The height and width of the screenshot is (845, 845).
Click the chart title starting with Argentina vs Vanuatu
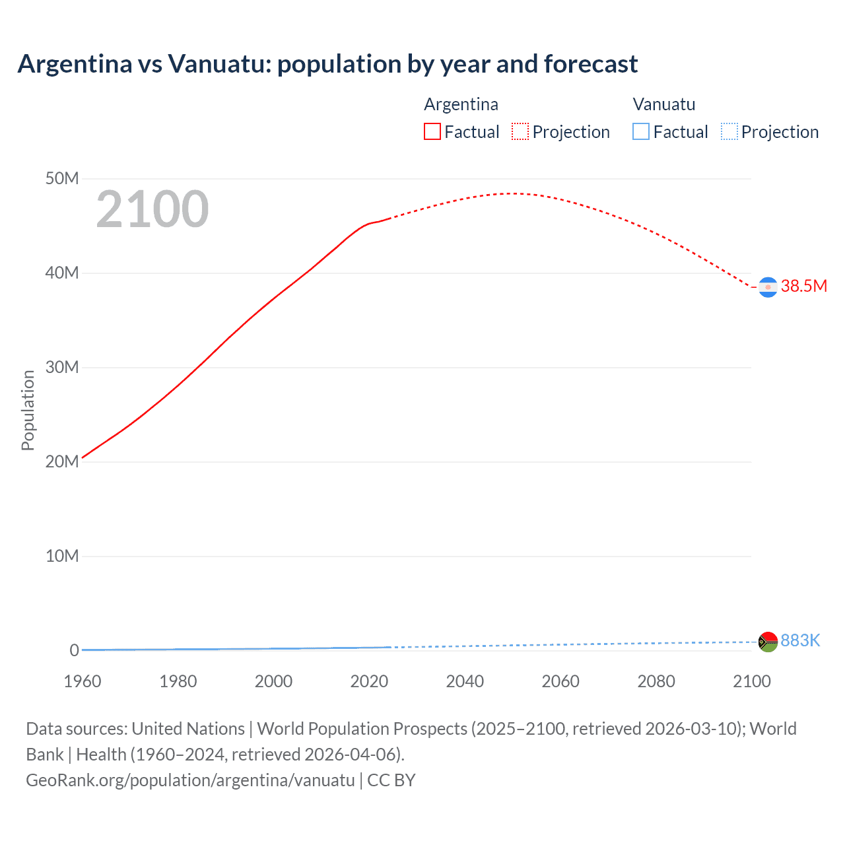327,64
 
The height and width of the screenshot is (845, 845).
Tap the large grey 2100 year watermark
152,209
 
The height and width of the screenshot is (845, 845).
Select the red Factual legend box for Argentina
432,132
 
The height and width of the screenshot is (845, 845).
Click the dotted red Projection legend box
520,132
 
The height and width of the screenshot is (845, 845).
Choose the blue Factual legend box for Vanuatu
641,132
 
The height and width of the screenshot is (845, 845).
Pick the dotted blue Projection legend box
729,132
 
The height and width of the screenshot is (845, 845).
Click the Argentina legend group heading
461,104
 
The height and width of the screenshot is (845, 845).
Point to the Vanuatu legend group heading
663,104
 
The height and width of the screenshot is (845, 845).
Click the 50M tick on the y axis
62,179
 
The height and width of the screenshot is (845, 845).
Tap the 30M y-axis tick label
62,368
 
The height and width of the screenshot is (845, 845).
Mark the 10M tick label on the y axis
62,557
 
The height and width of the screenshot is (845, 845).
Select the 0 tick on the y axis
74,651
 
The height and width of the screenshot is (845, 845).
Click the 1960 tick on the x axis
83,681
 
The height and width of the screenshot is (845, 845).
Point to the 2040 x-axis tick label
465,681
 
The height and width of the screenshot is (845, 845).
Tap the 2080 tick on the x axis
656,681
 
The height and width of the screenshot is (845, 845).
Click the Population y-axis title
28,410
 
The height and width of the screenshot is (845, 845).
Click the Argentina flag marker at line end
768,287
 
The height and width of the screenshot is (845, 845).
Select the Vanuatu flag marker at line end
768,642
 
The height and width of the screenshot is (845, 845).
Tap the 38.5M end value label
803,286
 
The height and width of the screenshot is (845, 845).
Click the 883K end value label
800,640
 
